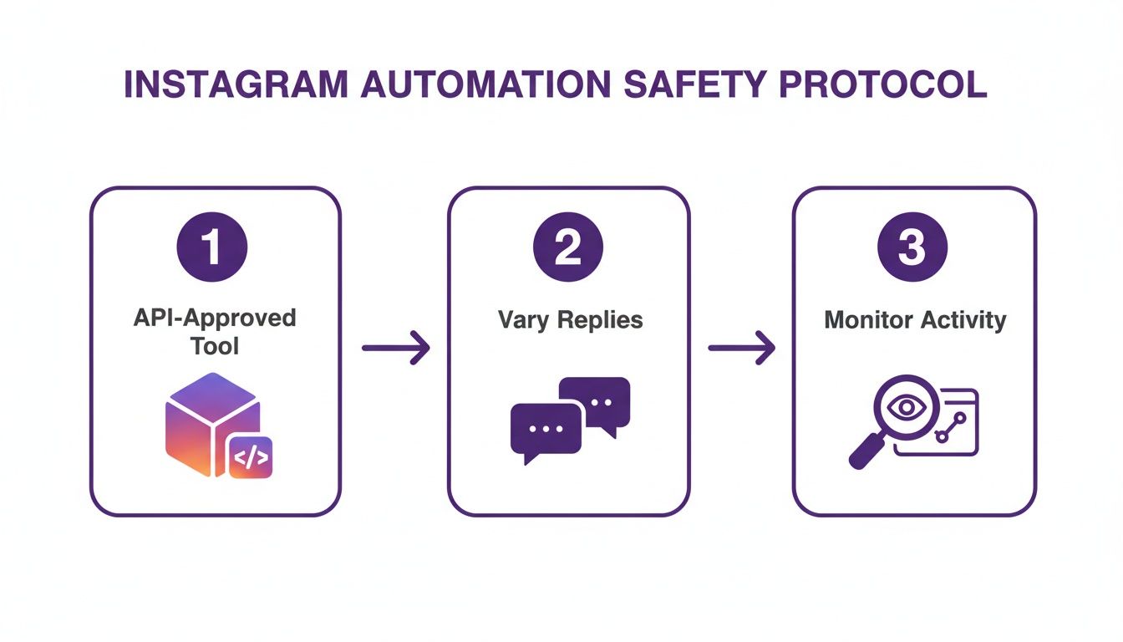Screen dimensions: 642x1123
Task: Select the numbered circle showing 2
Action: [568, 248]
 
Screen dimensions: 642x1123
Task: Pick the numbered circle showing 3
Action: [913, 248]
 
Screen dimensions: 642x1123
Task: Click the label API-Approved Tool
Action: [215, 331]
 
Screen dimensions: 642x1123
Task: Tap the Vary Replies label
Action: [570, 320]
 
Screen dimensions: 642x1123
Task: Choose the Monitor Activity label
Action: [915, 320]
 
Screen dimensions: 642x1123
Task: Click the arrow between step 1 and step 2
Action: [395, 348]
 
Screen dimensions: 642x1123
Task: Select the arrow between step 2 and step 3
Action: [741, 348]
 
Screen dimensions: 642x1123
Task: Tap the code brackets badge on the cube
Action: [251, 458]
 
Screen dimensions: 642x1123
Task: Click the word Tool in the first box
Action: [215, 345]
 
